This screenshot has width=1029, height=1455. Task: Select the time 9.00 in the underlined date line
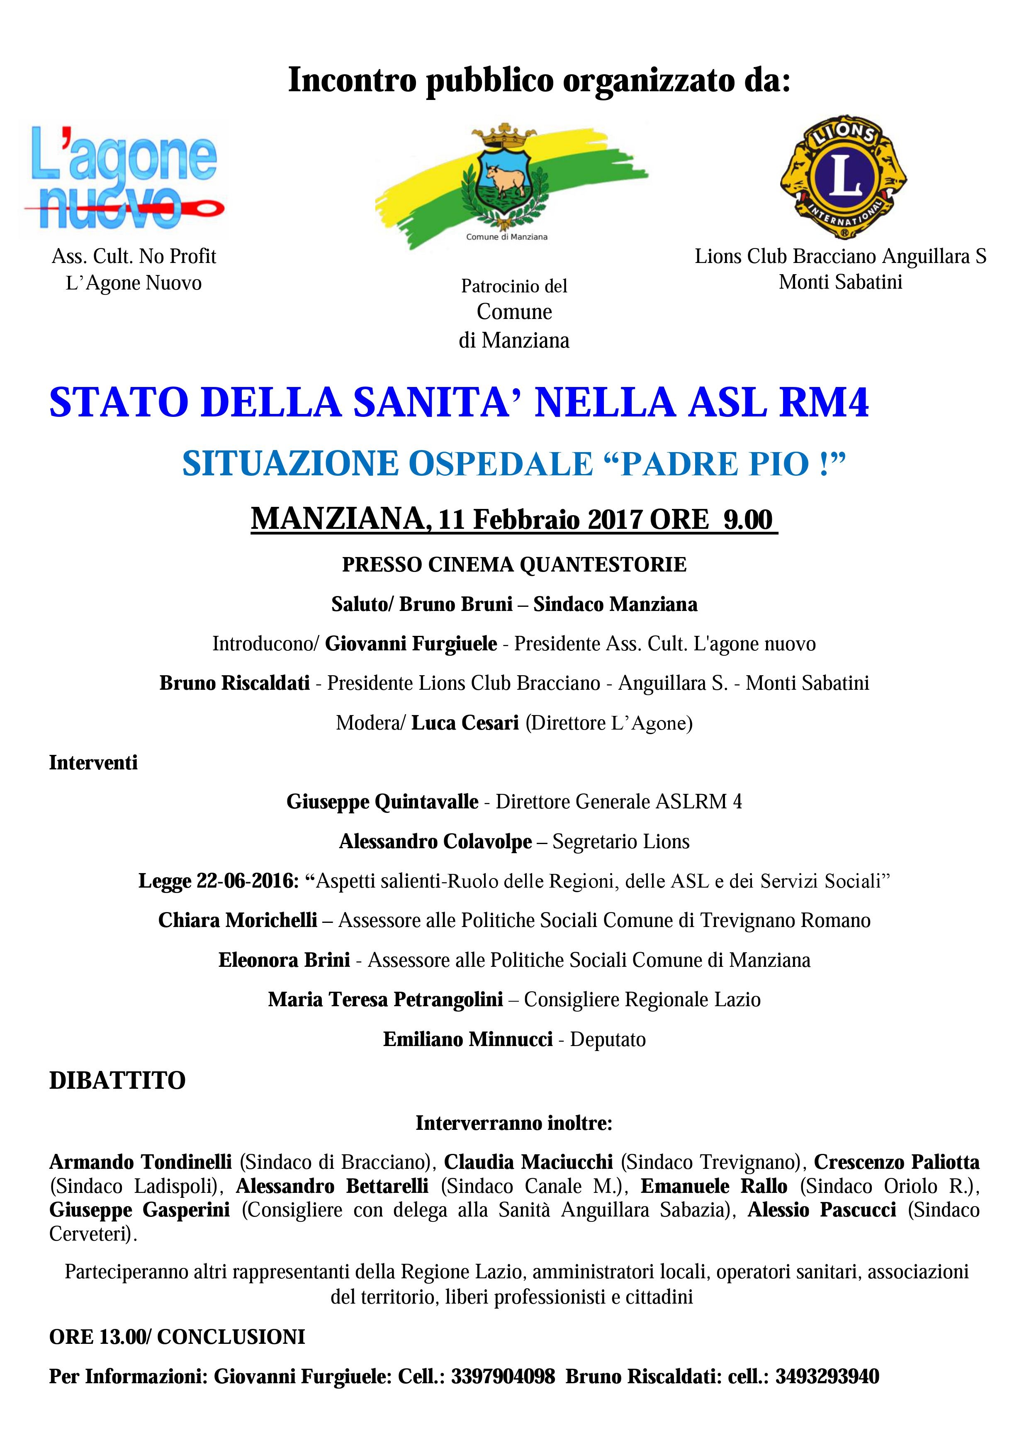coord(748,520)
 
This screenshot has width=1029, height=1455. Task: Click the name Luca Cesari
coord(465,723)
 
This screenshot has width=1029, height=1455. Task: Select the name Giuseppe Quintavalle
coord(382,802)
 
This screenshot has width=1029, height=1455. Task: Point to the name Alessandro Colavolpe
coord(435,842)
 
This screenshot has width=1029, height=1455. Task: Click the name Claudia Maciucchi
coord(528,1162)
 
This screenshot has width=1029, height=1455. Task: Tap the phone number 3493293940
coord(827,1377)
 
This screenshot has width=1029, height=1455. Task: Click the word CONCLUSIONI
coord(231,1337)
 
